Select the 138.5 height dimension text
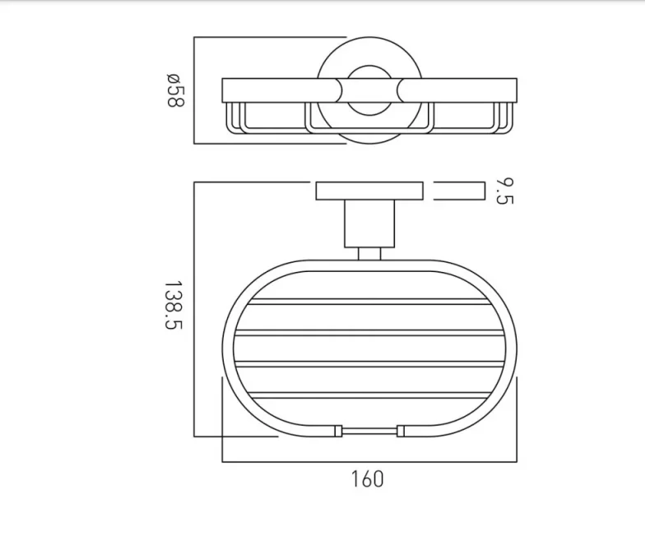pos(173,306)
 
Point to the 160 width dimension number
pos(367,478)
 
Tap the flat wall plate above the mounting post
pos(369,191)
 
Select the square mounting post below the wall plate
pos(369,224)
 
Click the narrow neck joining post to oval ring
pos(369,253)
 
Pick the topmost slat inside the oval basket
pos(369,301)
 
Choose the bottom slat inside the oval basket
pos(369,397)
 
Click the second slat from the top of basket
pos(369,333)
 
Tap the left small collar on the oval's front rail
pos(336,430)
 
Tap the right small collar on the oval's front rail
pos(401,430)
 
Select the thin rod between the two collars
pos(369,430)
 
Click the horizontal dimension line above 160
pos(369,460)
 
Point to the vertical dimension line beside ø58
pos(194,90)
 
